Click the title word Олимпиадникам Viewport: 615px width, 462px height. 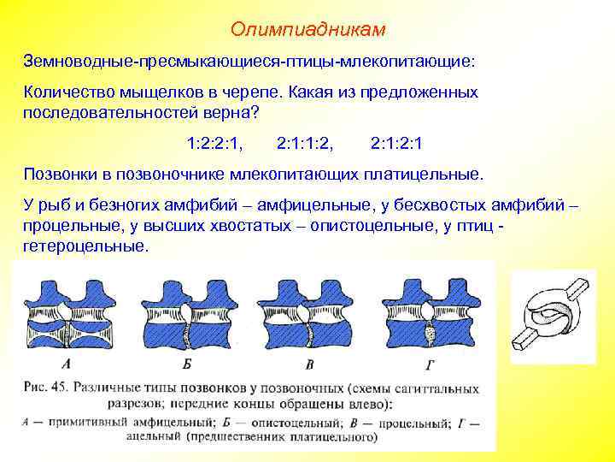307,30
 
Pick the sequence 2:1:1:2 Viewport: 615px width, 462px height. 306,141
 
